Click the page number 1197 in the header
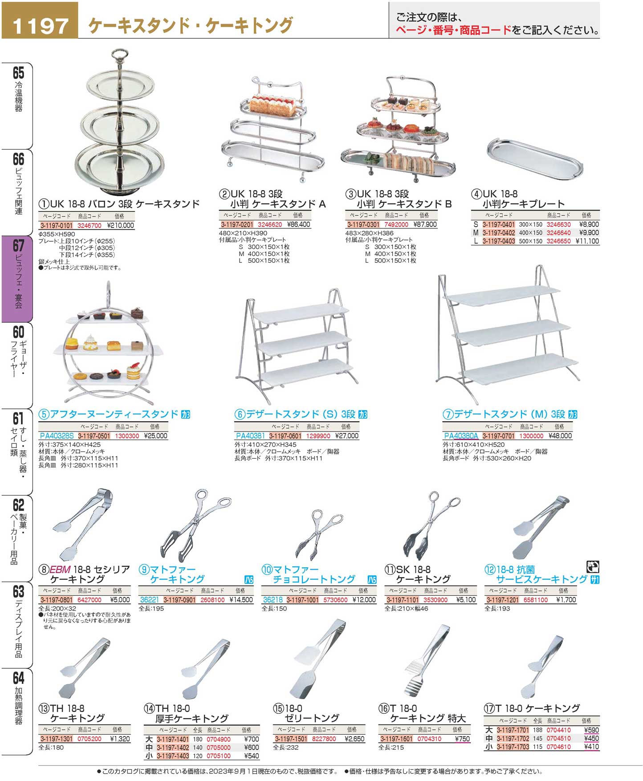tap(40, 25)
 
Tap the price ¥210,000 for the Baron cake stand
tap(120, 225)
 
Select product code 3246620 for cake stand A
tap(270, 224)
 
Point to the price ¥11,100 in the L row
tap(587, 241)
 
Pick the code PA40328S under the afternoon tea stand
tap(57, 436)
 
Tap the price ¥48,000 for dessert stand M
tap(560, 436)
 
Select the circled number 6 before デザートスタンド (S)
tap(240, 415)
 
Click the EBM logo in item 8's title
tap(60, 569)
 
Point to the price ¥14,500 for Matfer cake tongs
tap(241, 600)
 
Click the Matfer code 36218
tap(273, 600)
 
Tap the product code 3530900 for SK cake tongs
tap(435, 600)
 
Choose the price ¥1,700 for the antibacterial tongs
tap(566, 600)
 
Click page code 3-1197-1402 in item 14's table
tap(173, 748)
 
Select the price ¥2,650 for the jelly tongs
tap(354, 739)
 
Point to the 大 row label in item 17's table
tap(488, 730)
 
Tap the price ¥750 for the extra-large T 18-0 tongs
tap(462, 739)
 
